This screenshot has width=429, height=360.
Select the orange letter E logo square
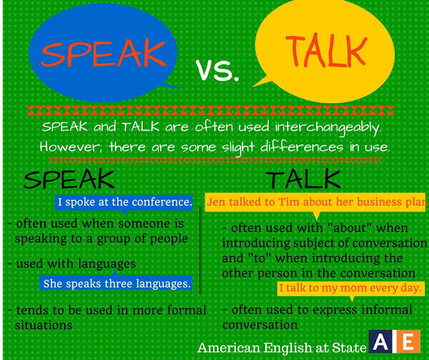[x=406, y=343]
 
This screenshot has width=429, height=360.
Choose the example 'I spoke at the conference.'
[x=125, y=202]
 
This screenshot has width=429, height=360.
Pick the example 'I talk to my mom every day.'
[x=351, y=288]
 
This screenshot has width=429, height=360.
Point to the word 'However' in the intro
[x=65, y=145]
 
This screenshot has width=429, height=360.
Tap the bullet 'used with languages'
[x=75, y=263]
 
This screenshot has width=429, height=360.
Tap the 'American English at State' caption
[x=282, y=347]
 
